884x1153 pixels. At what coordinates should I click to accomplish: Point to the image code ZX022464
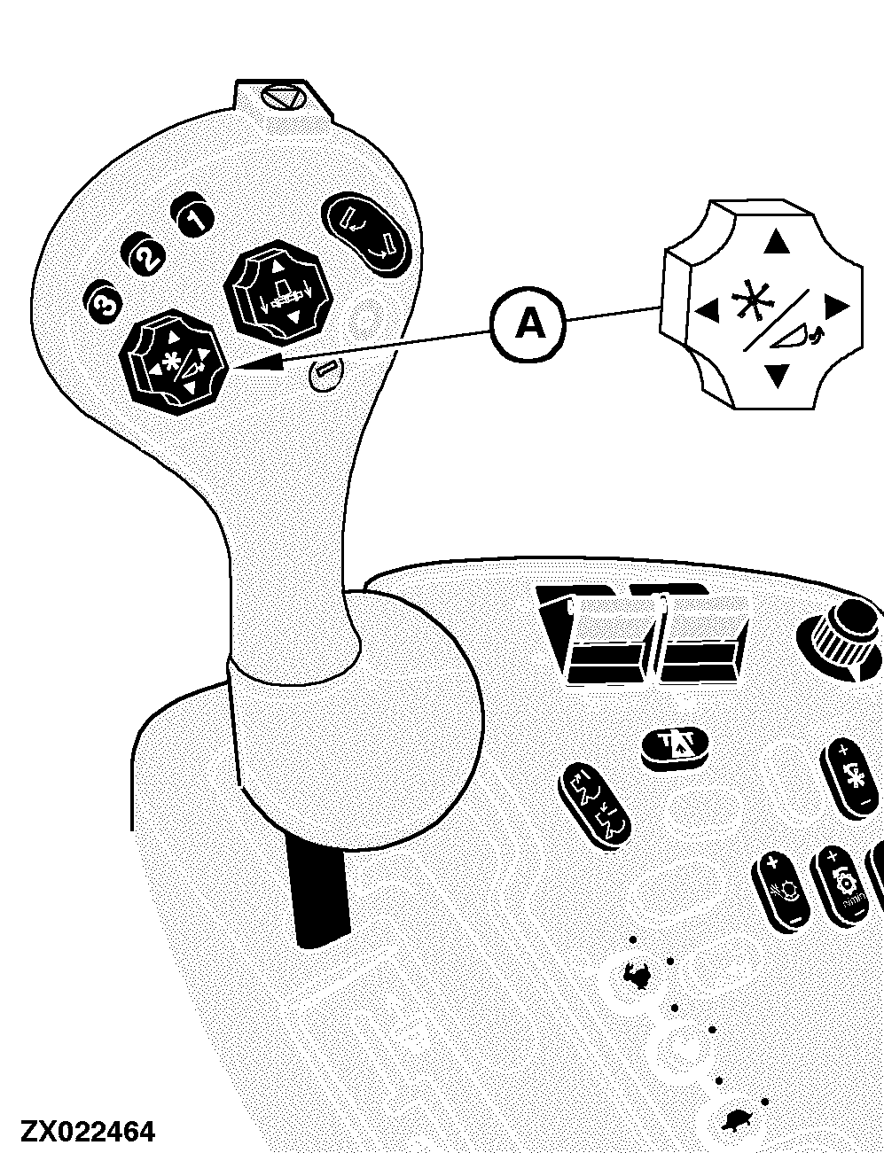pos(88,1131)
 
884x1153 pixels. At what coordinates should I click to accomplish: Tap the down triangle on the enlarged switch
pos(777,376)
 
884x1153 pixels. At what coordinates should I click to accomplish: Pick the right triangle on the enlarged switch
pos(837,306)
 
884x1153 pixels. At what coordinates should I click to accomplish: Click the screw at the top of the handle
pos(283,98)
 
